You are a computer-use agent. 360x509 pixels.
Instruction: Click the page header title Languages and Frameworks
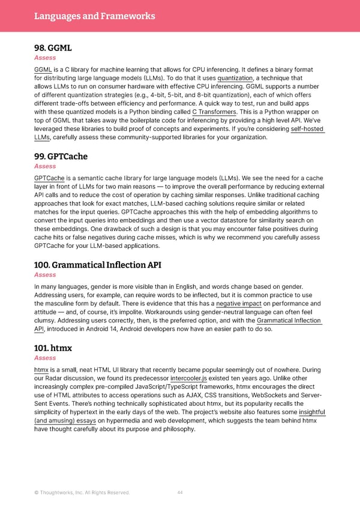coord(95,16)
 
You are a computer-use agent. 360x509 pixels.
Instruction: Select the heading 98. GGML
coord(55,47)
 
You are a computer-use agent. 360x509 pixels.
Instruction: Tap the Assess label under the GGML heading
coord(45,58)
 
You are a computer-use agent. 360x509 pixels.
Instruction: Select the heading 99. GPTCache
coord(61,156)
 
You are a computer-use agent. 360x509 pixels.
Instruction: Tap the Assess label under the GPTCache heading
coord(45,166)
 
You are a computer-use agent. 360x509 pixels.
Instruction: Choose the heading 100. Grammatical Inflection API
coord(97,265)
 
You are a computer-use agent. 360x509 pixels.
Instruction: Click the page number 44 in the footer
coord(180,493)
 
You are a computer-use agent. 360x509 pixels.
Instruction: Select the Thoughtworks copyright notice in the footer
coord(82,493)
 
